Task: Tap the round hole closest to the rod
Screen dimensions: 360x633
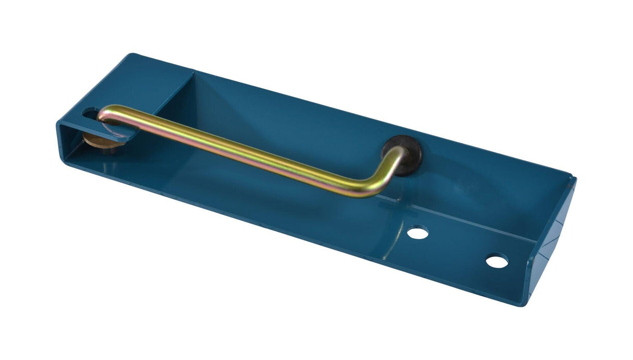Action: pos(418,232)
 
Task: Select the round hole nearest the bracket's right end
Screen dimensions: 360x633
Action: pos(497,260)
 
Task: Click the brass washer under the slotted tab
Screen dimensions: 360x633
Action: pos(99,140)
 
